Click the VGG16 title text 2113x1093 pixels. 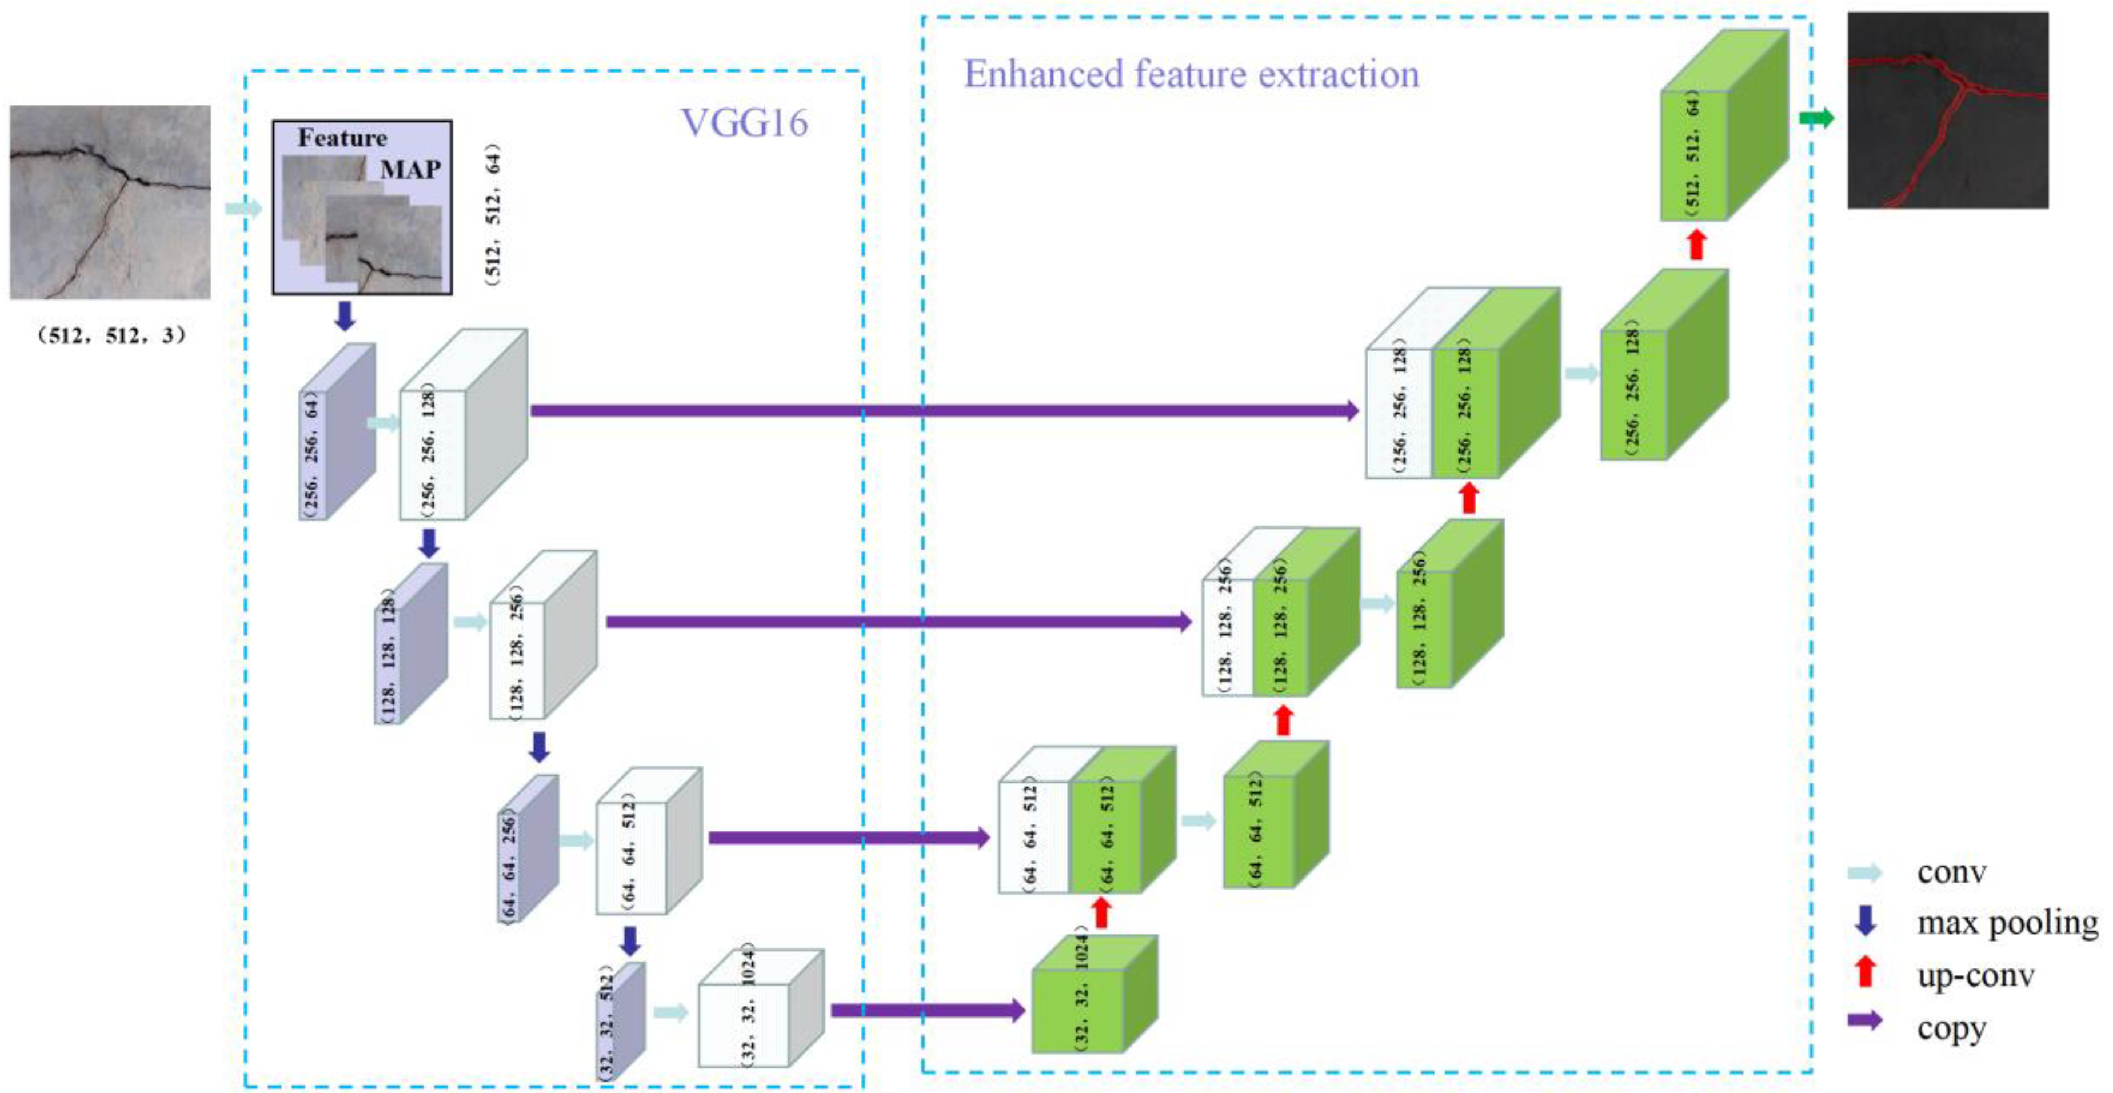click(744, 123)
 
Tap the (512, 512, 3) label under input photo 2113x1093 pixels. click(111, 335)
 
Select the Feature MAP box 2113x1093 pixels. click(362, 207)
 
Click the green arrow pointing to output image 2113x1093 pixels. click(1816, 119)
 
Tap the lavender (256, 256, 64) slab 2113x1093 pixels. click(335, 433)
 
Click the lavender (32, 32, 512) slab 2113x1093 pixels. click(620, 1022)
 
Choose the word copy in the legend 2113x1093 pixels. click(1951, 1027)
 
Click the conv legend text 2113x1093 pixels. click(1951, 872)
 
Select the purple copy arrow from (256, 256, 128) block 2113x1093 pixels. click(943, 410)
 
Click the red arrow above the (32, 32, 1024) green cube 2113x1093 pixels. click(1101, 912)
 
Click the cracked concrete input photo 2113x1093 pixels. click(110, 202)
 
